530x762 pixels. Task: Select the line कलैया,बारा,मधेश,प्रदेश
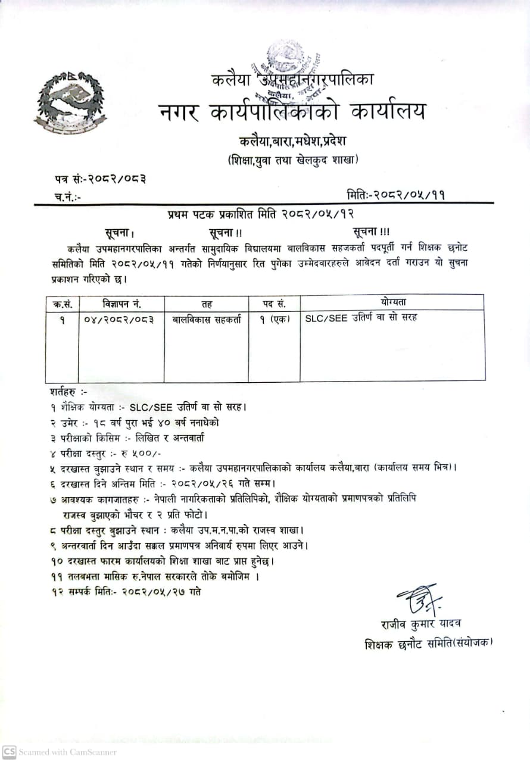click(292, 141)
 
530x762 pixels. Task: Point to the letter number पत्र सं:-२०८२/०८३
click(98, 177)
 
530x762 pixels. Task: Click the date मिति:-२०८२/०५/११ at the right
click(395, 194)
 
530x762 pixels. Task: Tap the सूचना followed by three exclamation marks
click(370, 232)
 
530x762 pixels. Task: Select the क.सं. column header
click(62, 304)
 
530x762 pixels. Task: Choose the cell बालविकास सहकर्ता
click(207, 318)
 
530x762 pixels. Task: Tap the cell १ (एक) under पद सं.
click(274, 318)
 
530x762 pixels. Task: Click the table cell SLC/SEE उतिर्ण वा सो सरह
click(361, 317)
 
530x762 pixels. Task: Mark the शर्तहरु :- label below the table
click(69, 392)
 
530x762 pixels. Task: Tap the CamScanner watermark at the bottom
click(60, 751)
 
